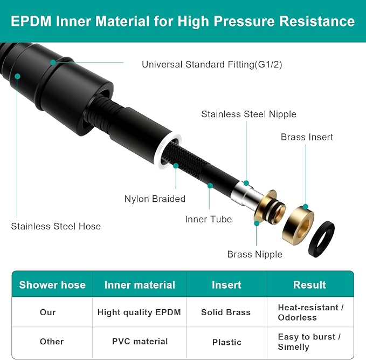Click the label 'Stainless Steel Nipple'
pos(248,114)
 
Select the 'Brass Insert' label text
pos(307,137)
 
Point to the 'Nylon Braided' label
pos(155,199)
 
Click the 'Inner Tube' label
pos(209,219)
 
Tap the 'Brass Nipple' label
pos(254,254)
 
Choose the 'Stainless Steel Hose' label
pos(56,226)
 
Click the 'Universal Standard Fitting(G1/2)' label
pos(212,64)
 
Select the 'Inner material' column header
pos(140,285)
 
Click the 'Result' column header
pos(309,285)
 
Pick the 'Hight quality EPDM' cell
pos(139,313)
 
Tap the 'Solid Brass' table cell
pos(226,313)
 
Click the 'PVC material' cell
pos(140,342)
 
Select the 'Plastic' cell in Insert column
pos(226,342)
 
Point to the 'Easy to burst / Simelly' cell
pos(309,342)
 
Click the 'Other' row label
pos(52,342)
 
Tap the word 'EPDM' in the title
pos(31,21)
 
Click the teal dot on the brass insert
pos(306,207)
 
